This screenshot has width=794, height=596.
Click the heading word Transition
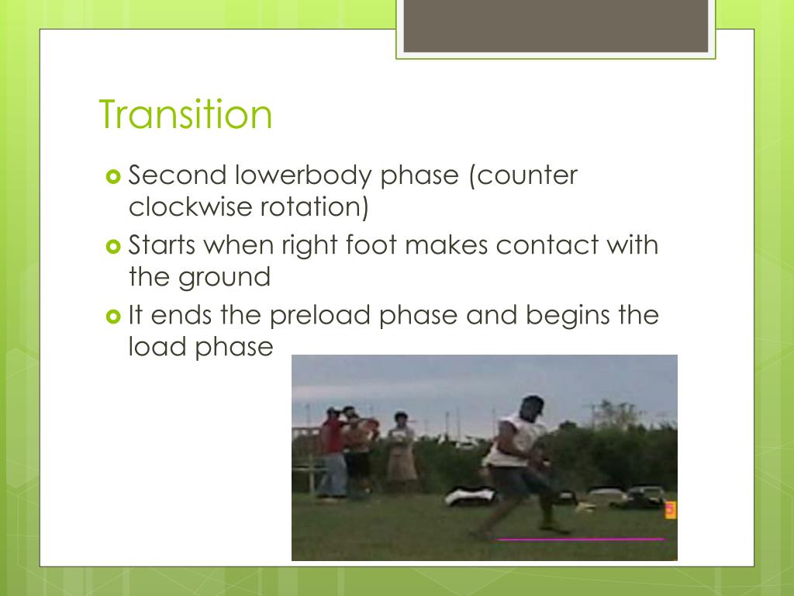click(x=185, y=114)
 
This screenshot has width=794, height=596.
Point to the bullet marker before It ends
click(x=113, y=317)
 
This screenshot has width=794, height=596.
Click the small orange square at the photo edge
click(x=671, y=510)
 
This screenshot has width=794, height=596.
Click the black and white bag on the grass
click(x=470, y=495)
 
